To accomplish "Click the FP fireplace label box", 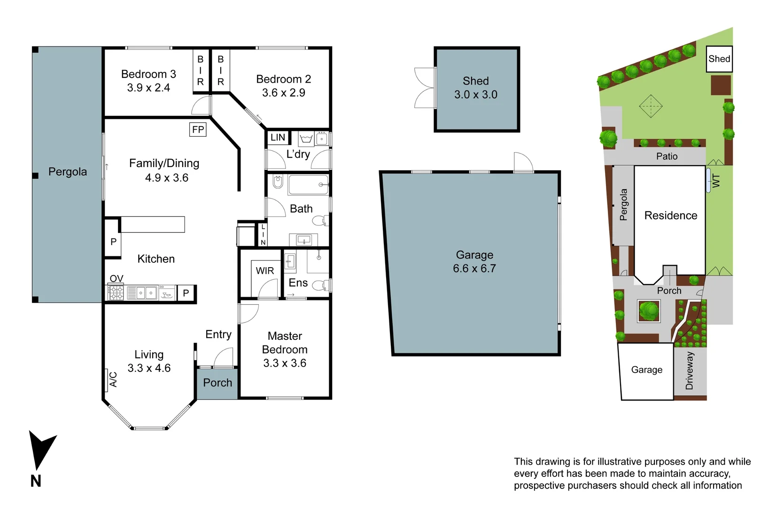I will click(x=198, y=130).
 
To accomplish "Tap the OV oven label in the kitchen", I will click(x=116, y=278).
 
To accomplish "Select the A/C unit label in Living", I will click(x=113, y=379).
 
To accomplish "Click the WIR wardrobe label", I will click(x=265, y=271).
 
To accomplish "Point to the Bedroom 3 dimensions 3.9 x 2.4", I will click(x=148, y=88).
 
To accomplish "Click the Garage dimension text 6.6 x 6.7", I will click(x=474, y=269).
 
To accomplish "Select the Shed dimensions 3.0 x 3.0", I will click(x=476, y=94).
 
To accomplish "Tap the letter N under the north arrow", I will click(x=36, y=481).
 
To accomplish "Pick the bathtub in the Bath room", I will click(x=308, y=185).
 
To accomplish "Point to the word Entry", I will click(x=218, y=334).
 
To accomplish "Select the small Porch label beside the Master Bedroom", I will click(x=217, y=383).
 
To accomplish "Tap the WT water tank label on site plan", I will click(x=716, y=181).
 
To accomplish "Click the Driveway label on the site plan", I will click(x=690, y=370).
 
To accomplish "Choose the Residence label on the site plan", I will click(x=670, y=215).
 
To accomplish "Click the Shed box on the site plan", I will click(x=719, y=59).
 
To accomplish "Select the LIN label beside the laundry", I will click(x=278, y=138).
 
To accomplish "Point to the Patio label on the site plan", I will click(x=667, y=156).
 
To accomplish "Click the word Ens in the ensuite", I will click(x=298, y=283).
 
